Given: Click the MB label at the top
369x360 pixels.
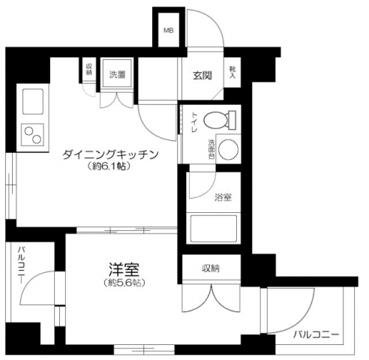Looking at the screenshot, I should pyautogui.click(x=169, y=31).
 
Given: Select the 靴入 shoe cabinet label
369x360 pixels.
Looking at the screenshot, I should pyautogui.click(x=232, y=72).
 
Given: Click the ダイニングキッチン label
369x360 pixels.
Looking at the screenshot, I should pyautogui.click(x=110, y=154).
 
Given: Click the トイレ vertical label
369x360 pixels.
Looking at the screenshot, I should pyautogui.click(x=193, y=123).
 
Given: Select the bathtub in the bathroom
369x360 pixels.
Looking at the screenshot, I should pyautogui.click(x=212, y=228).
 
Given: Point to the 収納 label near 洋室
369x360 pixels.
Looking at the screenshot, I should pyautogui.click(x=211, y=267).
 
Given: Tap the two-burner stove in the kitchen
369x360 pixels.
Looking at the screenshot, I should pyautogui.click(x=34, y=135).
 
